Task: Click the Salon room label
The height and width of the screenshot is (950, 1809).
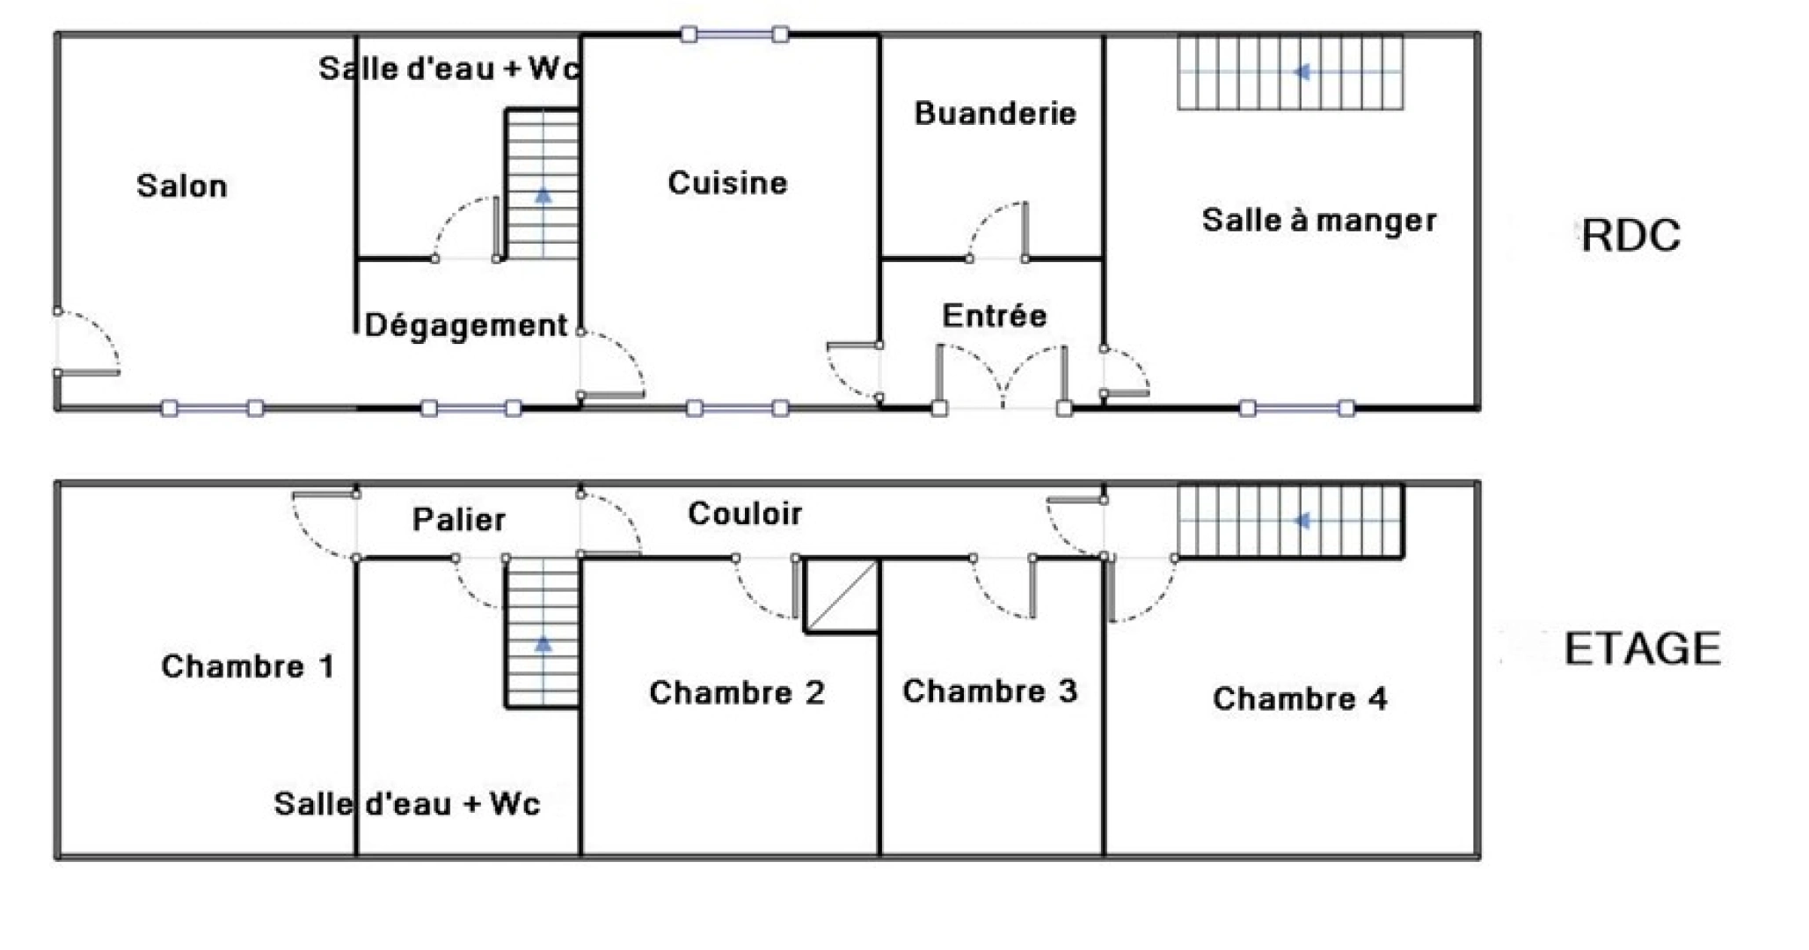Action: pyautogui.click(x=182, y=186)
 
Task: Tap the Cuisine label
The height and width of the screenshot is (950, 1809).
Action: pyautogui.click(x=727, y=183)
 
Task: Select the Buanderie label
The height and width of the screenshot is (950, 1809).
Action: pyautogui.click(x=995, y=113)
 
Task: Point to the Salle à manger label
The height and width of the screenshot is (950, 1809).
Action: pyautogui.click(x=1319, y=220)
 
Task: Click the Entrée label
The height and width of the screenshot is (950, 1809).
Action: pyautogui.click(x=995, y=316)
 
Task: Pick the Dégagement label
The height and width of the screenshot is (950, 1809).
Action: pyautogui.click(x=466, y=326)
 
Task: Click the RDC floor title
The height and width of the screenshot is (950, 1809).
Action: pyautogui.click(x=1630, y=236)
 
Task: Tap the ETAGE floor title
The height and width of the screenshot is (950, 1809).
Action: pyautogui.click(x=1642, y=649)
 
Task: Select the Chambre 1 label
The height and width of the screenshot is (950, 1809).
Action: pyautogui.click(x=248, y=667)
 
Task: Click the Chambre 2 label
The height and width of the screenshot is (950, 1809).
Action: pyautogui.click(x=737, y=693)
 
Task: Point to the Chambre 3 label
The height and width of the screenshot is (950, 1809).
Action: pyautogui.click(x=989, y=691)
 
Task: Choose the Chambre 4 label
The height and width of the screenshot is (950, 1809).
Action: pyautogui.click(x=1300, y=699)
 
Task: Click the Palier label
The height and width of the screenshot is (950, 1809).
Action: pyautogui.click(x=459, y=520)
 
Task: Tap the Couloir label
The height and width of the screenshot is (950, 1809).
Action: pyautogui.click(x=745, y=514)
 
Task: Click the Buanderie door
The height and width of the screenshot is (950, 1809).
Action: pyautogui.click(x=997, y=231)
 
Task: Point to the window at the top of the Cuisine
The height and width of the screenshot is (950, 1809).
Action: pyautogui.click(x=734, y=35)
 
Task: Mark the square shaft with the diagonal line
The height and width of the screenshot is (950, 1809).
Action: pyautogui.click(x=842, y=596)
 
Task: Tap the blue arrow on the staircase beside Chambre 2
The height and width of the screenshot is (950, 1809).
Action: pyautogui.click(x=543, y=644)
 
